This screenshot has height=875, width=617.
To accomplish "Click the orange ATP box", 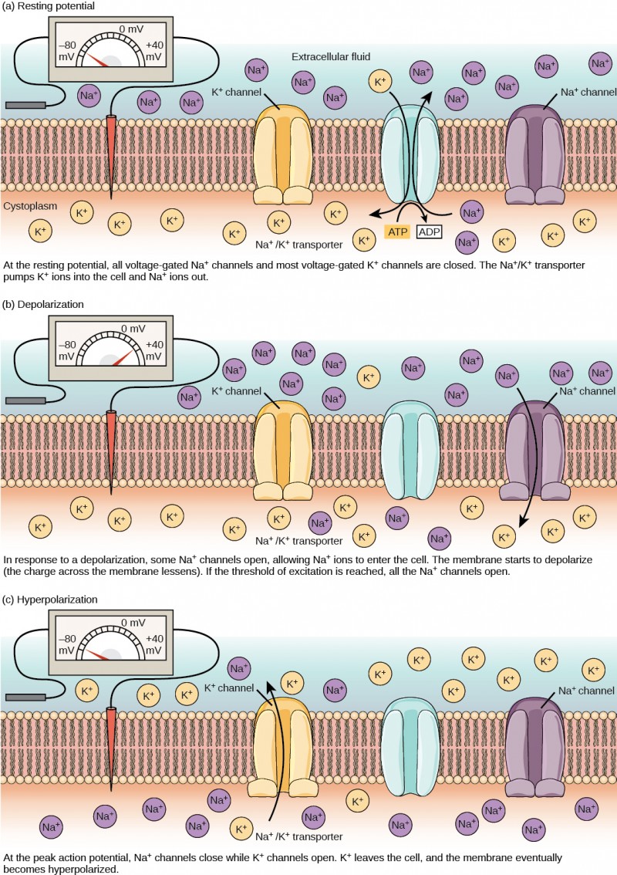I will pos(396,231).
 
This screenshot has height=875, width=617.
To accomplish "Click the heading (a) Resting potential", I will pos(49,7).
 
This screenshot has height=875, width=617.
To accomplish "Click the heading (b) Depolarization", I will pos(44,304).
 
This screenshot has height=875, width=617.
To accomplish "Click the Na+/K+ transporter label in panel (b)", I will pos(298,540).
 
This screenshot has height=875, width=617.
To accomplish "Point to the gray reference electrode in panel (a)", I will pos(26,104).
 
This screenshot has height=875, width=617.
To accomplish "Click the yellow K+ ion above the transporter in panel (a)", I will pos(380,80).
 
